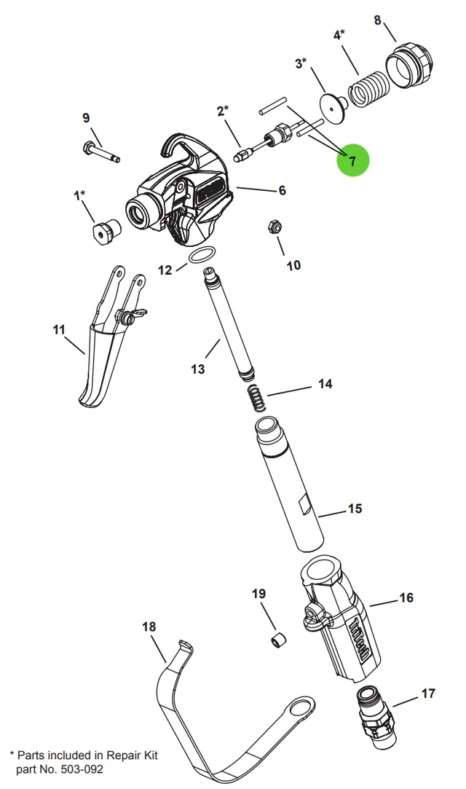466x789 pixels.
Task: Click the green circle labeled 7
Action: [x=353, y=160]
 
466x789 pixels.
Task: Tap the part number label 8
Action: [x=378, y=20]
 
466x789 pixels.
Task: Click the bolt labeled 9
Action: [x=100, y=152]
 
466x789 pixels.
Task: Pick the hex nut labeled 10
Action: [x=274, y=227]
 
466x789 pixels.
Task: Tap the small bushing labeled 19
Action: [x=278, y=641]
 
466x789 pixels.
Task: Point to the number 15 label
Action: [x=355, y=509]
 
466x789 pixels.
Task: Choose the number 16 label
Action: [x=406, y=598]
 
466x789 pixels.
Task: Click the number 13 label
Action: [x=198, y=369]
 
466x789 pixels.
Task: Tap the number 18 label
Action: [x=149, y=627]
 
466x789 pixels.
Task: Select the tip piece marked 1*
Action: [x=106, y=232]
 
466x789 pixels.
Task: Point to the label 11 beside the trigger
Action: [x=59, y=329]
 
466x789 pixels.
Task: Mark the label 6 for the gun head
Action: [x=282, y=190]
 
